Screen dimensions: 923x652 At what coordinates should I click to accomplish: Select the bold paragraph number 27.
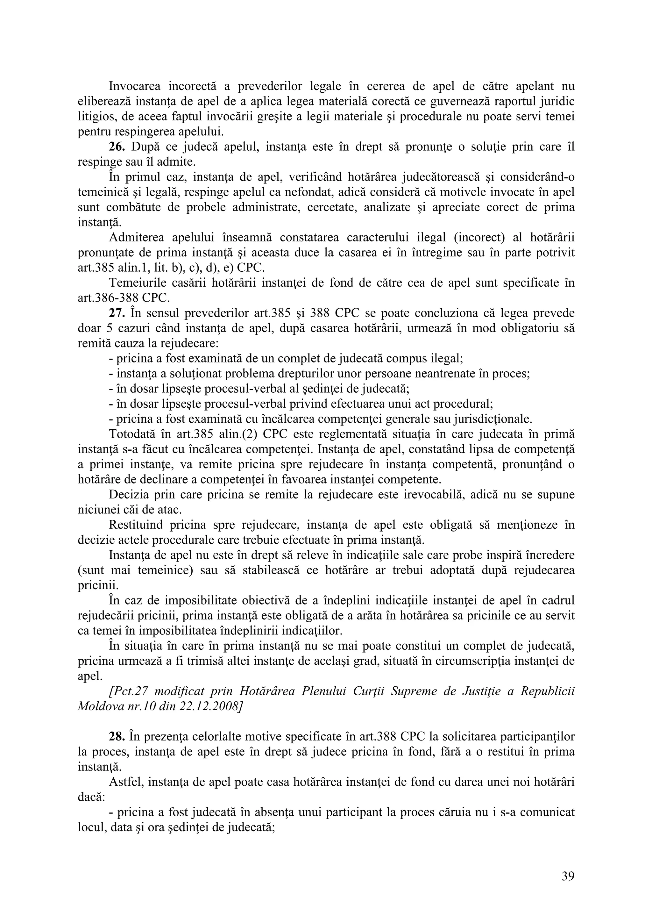[117, 313]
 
